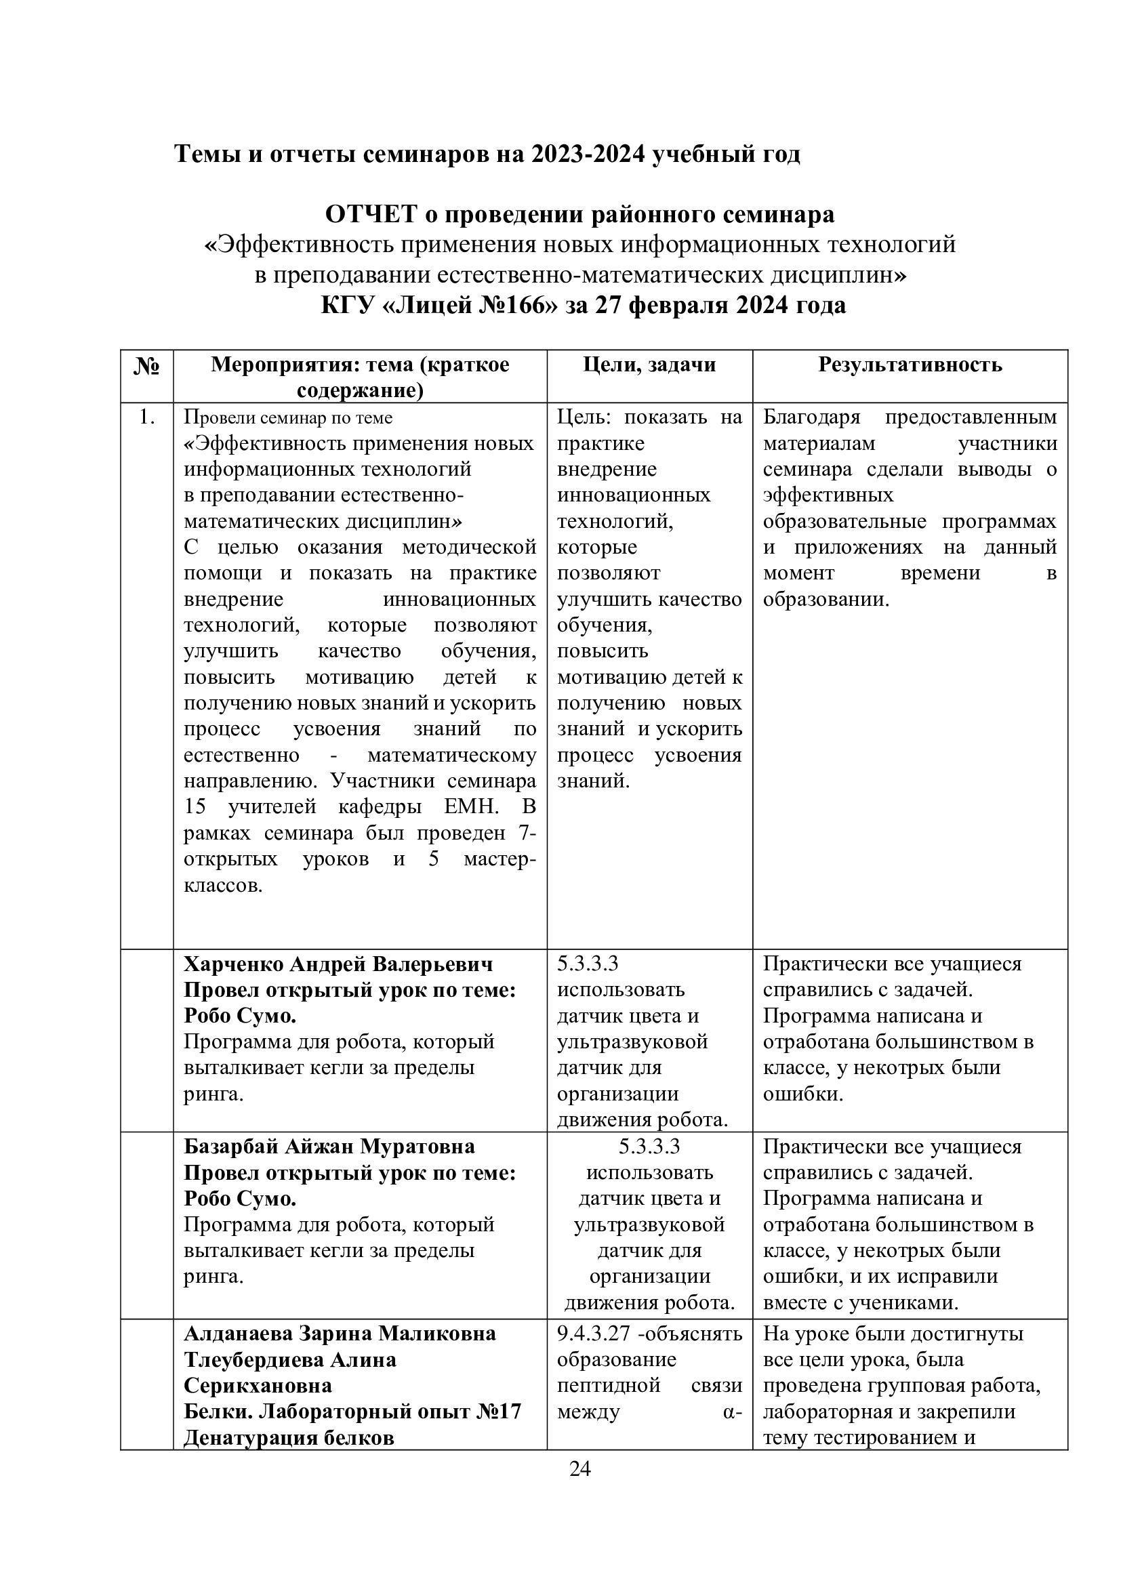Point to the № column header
click(x=146, y=366)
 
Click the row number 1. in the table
click(x=146, y=417)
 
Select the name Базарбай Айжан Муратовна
click(x=329, y=1147)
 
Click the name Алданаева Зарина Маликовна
click(x=340, y=1333)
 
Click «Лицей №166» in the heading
click(x=470, y=305)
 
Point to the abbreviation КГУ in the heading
click(x=347, y=305)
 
